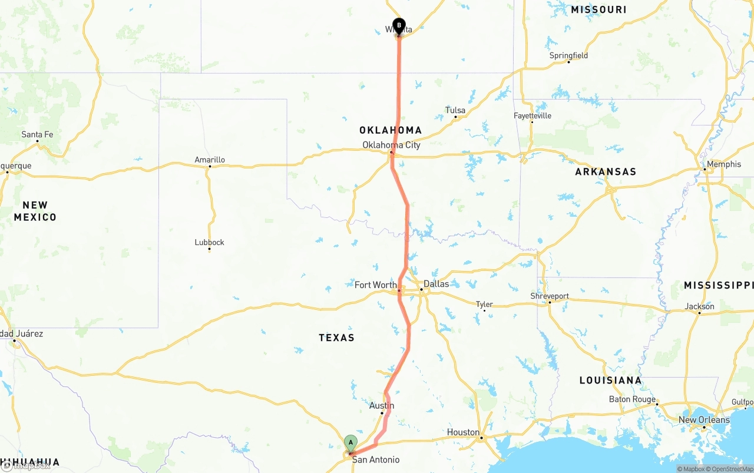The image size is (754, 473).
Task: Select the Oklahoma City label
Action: coord(391,145)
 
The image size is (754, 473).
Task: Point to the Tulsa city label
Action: coord(455,110)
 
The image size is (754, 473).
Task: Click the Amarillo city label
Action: coord(210,160)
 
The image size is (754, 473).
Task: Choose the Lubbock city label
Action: coord(209,242)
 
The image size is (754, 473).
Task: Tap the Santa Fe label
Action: coord(37,134)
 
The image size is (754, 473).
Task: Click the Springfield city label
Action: coord(568,55)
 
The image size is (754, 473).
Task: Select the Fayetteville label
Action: coord(533,115)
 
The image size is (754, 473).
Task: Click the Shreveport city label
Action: coord(550,296)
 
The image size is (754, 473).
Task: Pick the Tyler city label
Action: coord(484,304)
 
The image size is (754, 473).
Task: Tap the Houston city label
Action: coord(463,432)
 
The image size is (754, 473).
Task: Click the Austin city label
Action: coord(382,406)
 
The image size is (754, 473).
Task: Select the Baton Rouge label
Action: coord(632,399)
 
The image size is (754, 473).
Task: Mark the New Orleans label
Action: coord(704,420)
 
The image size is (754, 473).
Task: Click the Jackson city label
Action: coord(700,306)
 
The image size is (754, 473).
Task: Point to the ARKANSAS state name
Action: coord(606,172)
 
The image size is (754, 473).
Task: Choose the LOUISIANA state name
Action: coord(610,381)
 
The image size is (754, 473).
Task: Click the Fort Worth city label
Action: coord(376,285)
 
